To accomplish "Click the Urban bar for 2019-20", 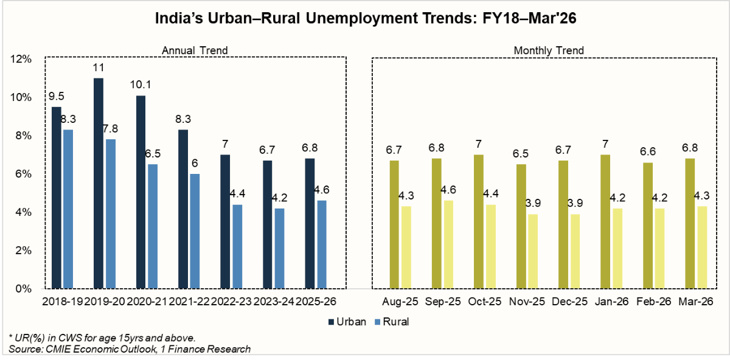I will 99,183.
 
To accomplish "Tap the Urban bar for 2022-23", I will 225,221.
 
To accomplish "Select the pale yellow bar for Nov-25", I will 532,251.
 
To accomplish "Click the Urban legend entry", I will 348,322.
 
